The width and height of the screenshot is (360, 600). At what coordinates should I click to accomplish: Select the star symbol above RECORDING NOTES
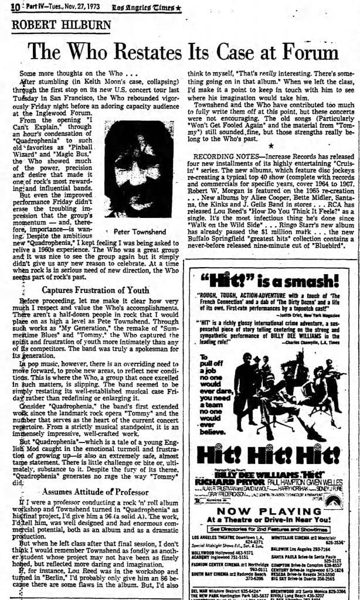coord(271,144)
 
